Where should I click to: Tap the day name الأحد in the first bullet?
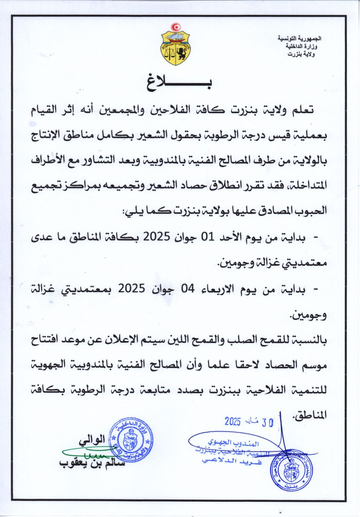[x=232, y=237]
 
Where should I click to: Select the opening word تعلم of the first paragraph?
[x=301, y=110]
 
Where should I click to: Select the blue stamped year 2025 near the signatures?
[x=233, y=421]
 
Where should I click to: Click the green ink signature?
[x=89, y=453]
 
